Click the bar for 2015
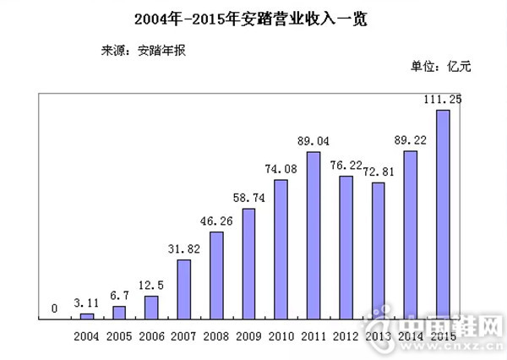click(441, 215)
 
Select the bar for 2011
click(313, 235)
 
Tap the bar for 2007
click(183, 289)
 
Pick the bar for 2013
click(378, 250)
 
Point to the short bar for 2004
click(87, 316)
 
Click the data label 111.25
click(442, 100)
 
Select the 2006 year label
click(152, 336)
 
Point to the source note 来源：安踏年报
click(143, 49)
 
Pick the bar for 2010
click(281, 249)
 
